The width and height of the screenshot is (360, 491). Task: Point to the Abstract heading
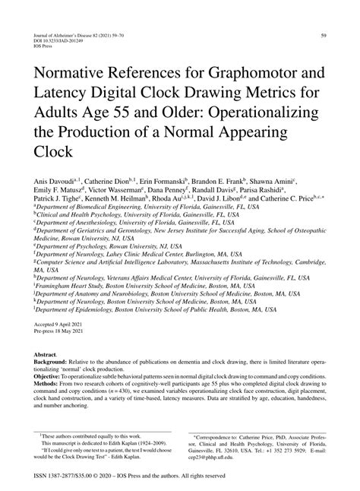tap(46, 354)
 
